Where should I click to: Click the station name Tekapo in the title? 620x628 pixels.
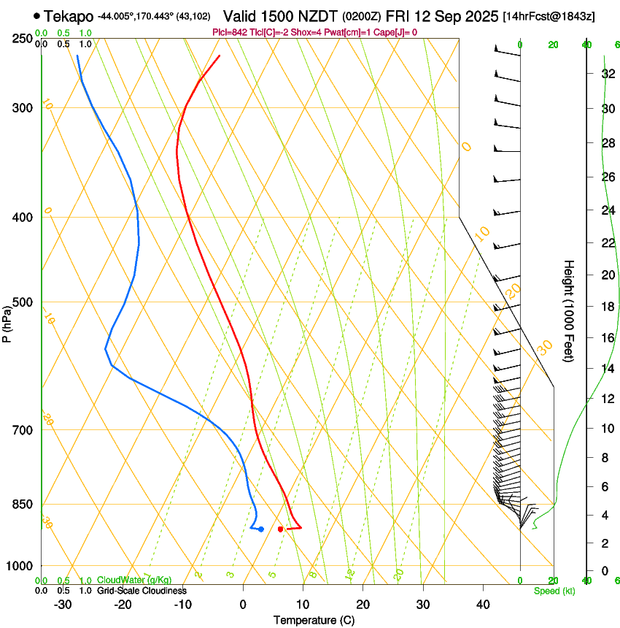(69, 16)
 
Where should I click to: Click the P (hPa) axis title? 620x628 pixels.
(7, 322)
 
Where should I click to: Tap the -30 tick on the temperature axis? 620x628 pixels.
(63, 605)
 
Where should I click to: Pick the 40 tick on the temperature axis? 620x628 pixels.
(483, 605)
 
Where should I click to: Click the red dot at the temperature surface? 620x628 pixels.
(280, 529)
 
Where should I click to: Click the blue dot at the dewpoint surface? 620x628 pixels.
(260, 529)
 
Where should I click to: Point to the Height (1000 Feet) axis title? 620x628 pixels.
(569, 310)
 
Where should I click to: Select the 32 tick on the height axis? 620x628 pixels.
(607, 74)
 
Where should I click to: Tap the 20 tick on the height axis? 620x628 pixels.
(607, 275)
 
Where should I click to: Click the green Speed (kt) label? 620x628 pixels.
(554, 591)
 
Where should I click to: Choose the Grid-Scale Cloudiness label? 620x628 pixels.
(142, 591)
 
